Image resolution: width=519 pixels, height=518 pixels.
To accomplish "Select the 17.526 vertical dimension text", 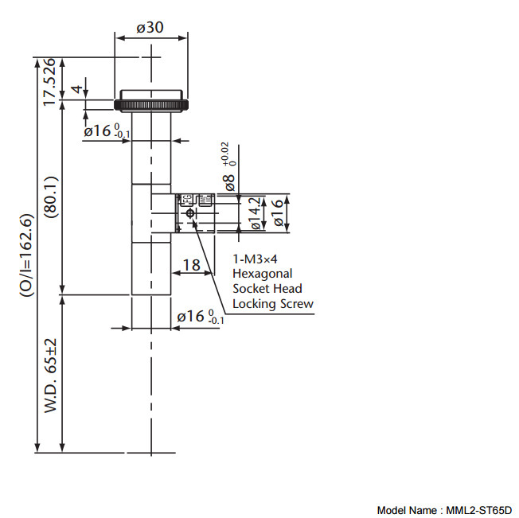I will (x=49, y=81).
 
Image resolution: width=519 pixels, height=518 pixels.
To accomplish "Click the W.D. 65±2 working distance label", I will (x=49, y=375).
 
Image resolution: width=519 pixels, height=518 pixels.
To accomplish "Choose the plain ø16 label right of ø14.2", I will (x=278, y=212).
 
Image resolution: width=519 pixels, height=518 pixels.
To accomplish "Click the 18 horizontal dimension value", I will (x=191, y=266).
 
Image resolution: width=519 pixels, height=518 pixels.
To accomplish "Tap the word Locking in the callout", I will (x=255, y=304).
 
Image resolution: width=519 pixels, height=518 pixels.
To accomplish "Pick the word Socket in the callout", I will (x=250, y=289).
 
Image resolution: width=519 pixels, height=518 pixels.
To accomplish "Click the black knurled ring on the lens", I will (x=151, y=103).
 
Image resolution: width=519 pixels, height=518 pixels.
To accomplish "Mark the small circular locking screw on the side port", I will (x=189, y=214).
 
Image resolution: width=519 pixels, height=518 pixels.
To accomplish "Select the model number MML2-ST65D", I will (x=478, y=510).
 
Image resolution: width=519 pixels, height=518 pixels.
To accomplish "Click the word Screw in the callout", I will (x=298, y=304).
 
